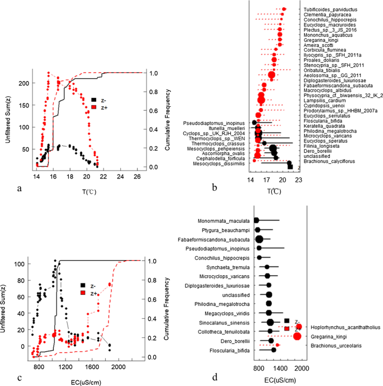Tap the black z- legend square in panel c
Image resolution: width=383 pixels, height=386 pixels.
83,285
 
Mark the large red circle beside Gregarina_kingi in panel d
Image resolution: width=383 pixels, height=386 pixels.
297,336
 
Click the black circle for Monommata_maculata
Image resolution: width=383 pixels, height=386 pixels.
256,220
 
